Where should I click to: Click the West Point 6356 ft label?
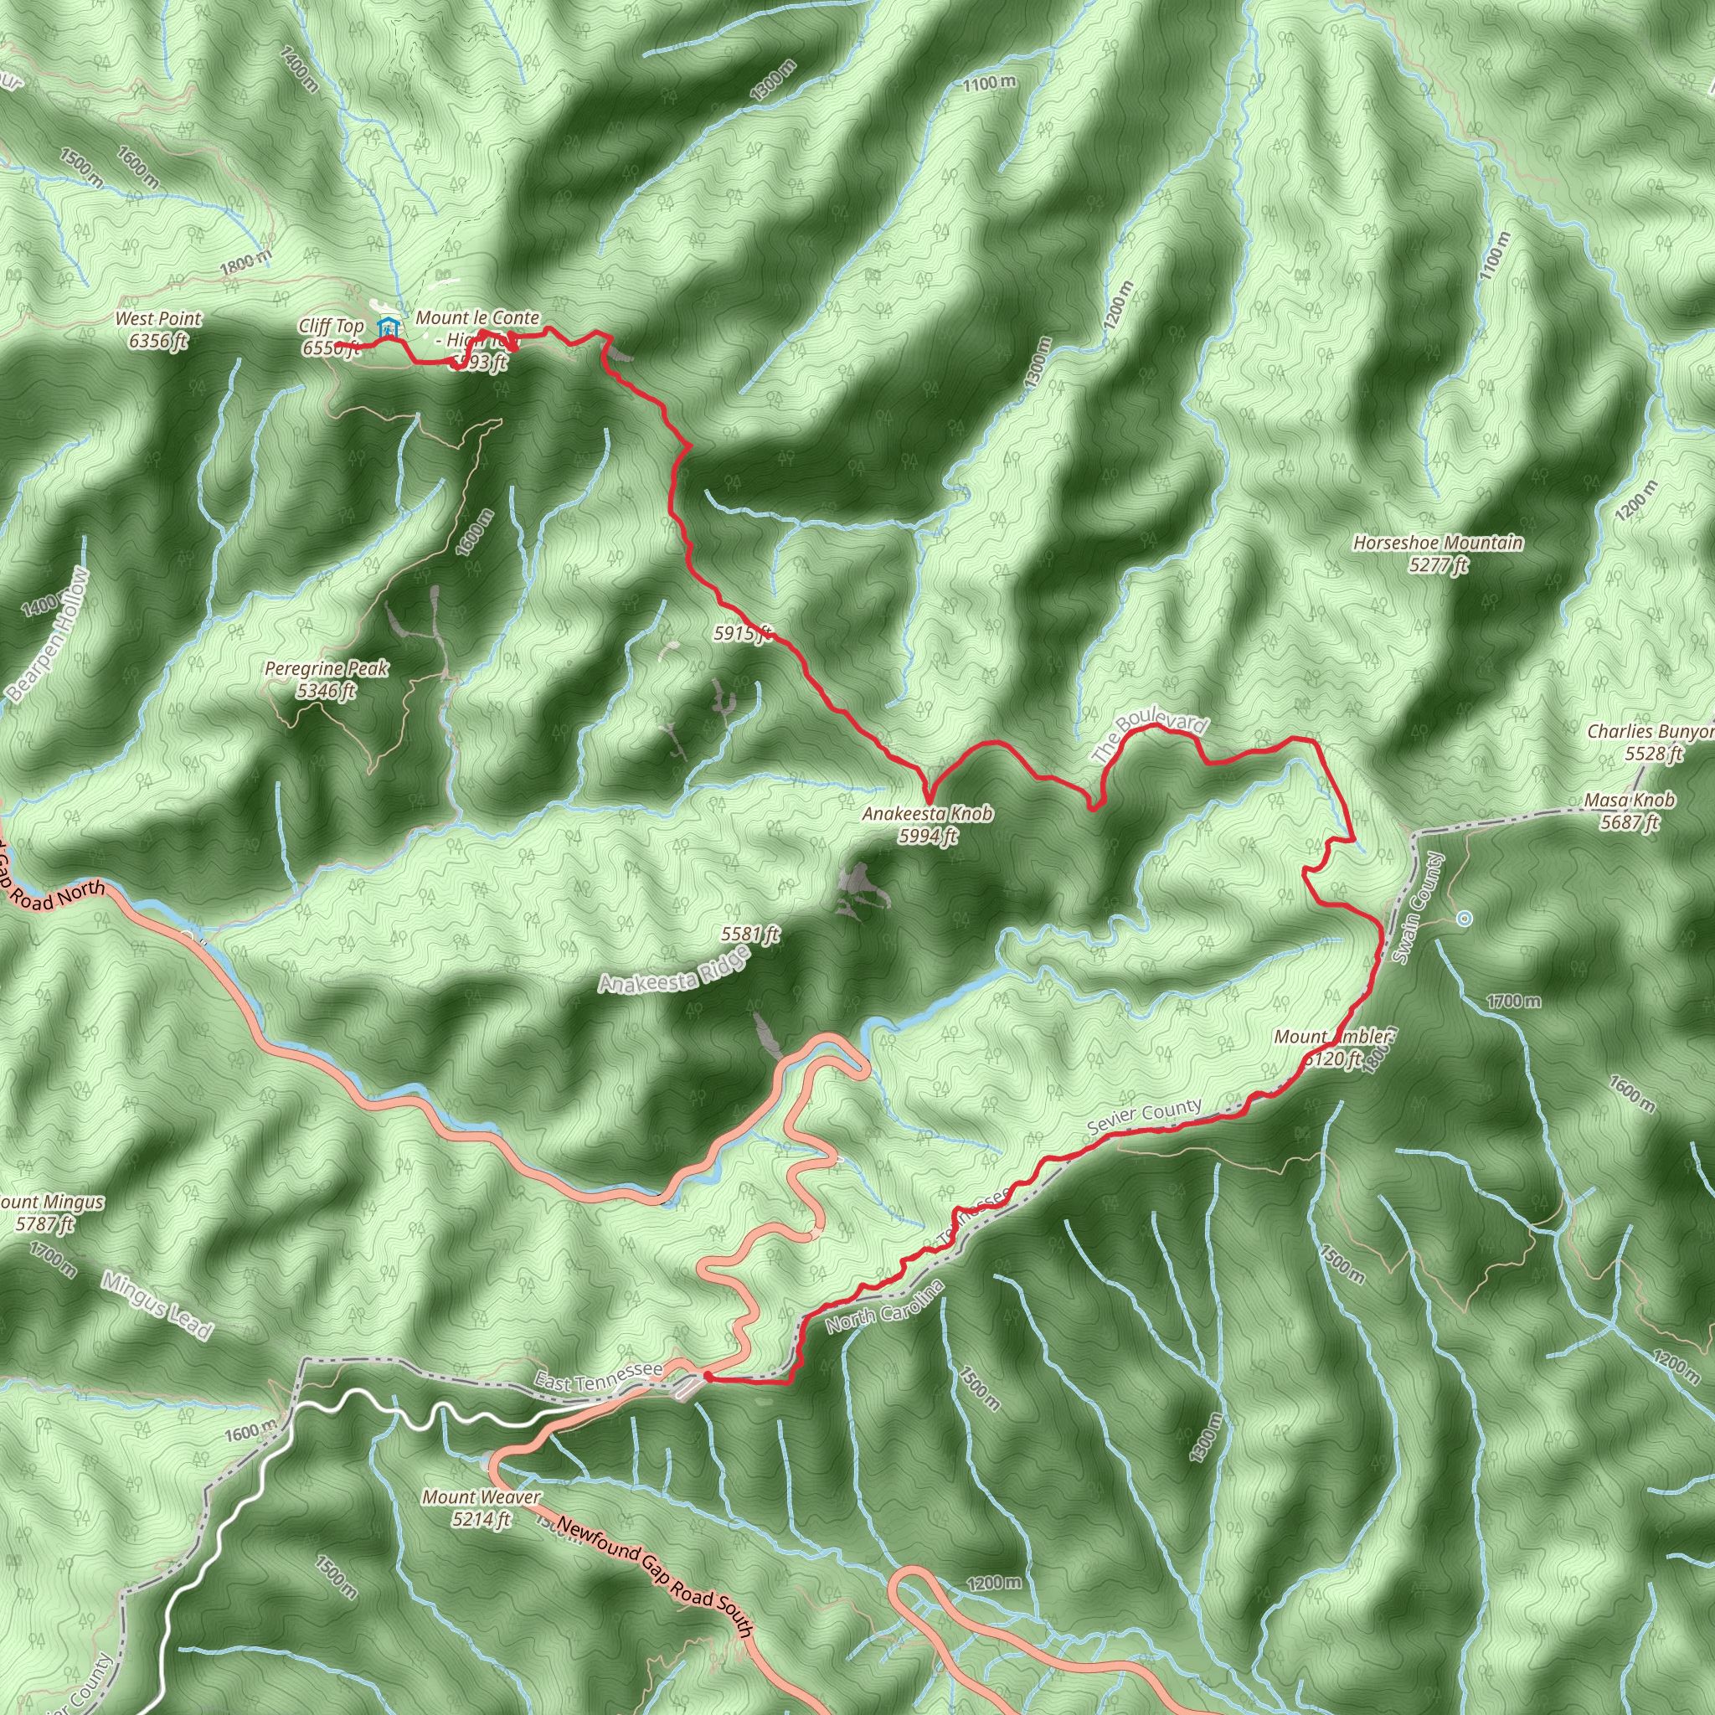tap(159, 329)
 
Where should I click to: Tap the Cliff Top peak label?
tap(331, 337)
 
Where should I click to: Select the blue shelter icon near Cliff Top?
tap(387, 327)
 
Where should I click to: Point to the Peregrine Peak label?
tap(327, 679)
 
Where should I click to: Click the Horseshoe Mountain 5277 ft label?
tap(1438, 553)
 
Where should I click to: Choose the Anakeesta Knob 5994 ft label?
tap(928, 824)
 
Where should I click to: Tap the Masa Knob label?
tap(1630, 811)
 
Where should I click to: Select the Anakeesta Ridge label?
tap(674, 971)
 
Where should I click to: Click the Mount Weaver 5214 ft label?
tap(482, 1507)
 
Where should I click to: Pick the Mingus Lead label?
tap(157, 1305)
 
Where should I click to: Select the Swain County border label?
tap(1419, 908)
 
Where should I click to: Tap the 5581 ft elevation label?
tap(750, 934)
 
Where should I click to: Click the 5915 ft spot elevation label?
tap(743, 633)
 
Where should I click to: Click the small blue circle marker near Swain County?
tap(1465, 918)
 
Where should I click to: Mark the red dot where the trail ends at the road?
tap(708, 1377)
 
